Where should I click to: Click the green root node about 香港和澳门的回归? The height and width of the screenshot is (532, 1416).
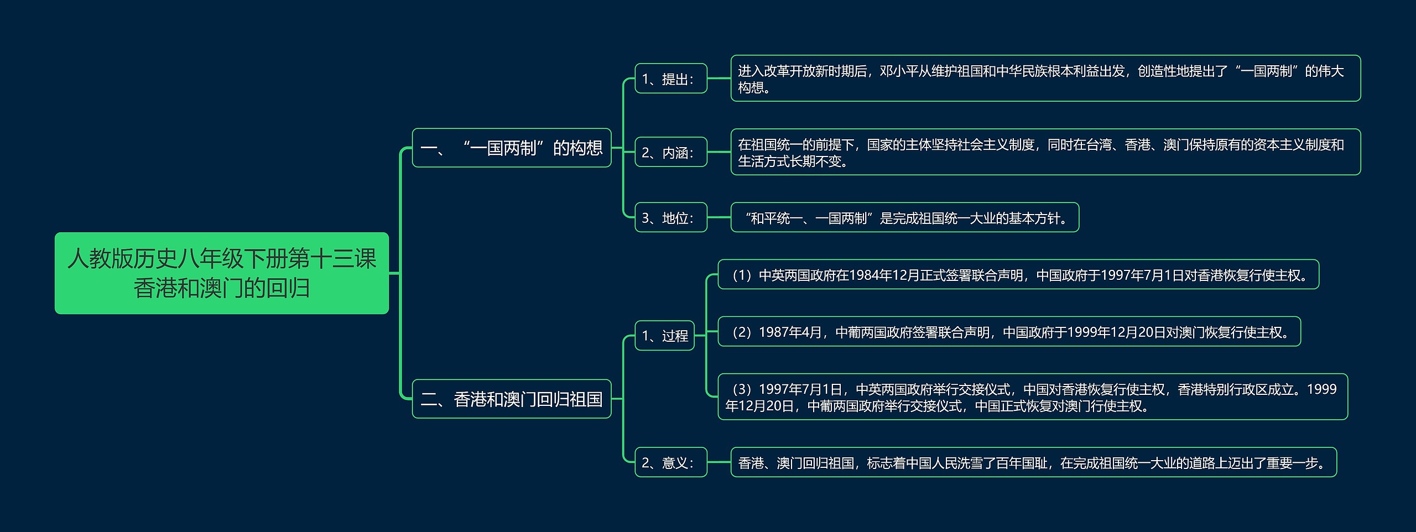(221, 273)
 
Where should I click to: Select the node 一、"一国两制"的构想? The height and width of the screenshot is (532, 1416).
(511, 148)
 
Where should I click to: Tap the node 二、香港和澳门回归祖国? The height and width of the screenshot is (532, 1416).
(511, 399)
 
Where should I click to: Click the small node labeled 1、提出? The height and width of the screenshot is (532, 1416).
(670, 79)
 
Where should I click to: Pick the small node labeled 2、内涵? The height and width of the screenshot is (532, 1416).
(670, 152)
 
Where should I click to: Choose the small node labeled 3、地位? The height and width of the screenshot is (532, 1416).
(670, 217)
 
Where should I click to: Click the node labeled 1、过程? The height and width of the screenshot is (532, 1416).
(664, 335)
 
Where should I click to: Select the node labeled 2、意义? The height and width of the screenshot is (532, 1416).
(670, 462)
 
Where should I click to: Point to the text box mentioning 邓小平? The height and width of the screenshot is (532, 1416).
(1045, 79)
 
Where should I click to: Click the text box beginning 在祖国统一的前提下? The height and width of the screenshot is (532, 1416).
(1045, 152)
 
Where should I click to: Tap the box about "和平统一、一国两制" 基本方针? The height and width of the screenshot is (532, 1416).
(904, 217)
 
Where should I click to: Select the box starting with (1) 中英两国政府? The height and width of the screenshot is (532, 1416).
(1018, 274)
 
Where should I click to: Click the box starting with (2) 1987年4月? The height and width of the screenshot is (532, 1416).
(1009, 332)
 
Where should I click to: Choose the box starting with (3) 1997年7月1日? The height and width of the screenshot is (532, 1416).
(1032, 397)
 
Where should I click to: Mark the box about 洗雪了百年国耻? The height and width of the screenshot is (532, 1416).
(1033, 462)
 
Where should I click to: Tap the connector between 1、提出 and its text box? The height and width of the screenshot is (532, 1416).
(719, 79)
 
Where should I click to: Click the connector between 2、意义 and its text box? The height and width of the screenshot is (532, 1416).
(719, 462)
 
